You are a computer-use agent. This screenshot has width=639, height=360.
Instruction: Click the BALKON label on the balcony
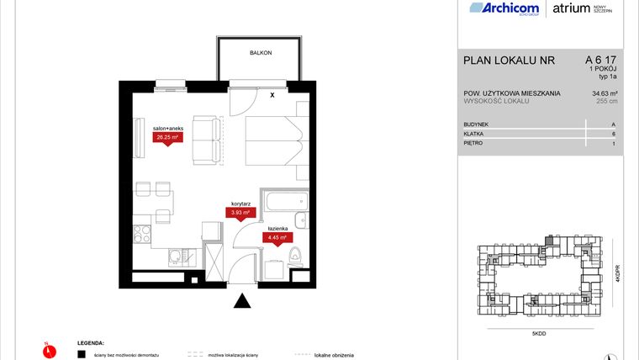tap(260, 53)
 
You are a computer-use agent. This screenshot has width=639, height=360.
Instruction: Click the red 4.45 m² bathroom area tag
tap(278, 238)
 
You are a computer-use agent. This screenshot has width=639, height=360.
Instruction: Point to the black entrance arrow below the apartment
tap(243, 300)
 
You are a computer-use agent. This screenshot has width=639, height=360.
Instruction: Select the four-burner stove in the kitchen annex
tap(142, 234)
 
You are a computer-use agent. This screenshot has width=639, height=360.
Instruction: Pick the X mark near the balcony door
tap(272, 95)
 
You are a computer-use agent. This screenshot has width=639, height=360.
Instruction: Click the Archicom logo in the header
tap(505, 9)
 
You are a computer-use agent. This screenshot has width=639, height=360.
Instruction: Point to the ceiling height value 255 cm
tap(606, 102)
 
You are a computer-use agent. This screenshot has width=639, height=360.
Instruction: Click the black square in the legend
tap(82, 354)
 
